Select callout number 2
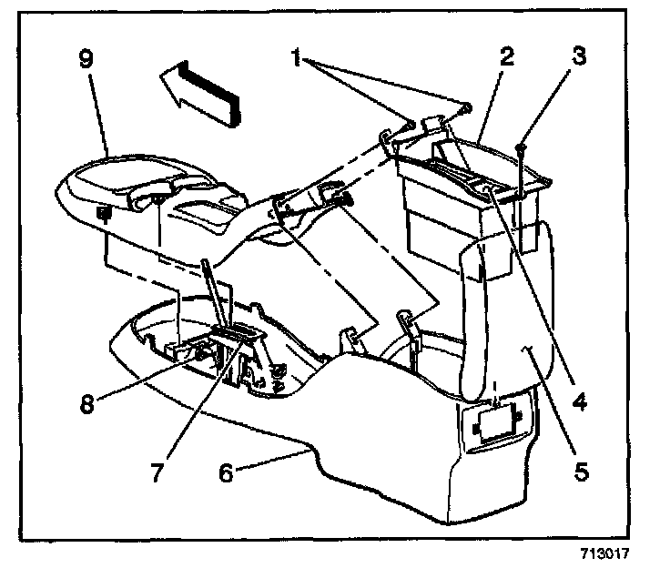[x=507, y=57]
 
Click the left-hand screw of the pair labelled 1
[x=411, y=121]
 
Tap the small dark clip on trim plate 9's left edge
[x=103, y=215]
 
